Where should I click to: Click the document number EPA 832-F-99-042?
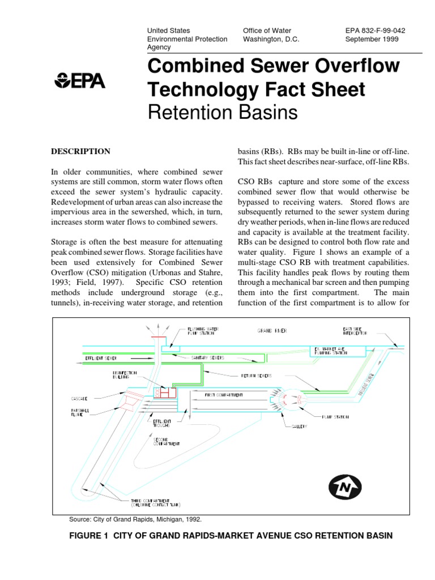click(x=375, y=31)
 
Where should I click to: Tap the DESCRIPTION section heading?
click(x=81, y=152)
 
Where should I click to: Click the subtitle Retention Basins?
click(x=222, y=112)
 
